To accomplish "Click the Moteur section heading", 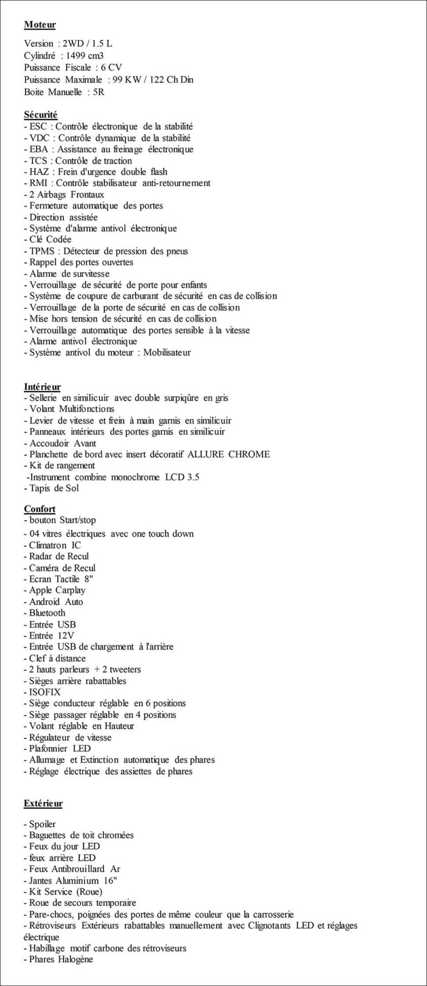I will tap(39, 25).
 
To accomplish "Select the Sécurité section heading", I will tap(41, 115).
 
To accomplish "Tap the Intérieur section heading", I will tap(42, 387).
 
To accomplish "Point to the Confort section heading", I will tap(39, 509).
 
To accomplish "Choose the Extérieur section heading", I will tap(43, 803).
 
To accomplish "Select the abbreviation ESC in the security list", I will tap(38, 127).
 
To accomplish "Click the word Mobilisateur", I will tap(167, 353).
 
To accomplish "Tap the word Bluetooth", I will tap(47, 613).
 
